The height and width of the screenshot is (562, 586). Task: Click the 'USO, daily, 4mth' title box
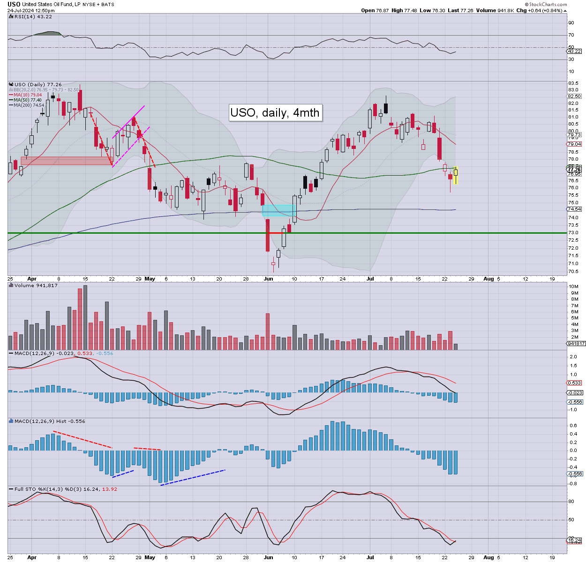pos(275,112)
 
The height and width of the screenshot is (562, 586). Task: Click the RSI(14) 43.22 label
pos(33,16)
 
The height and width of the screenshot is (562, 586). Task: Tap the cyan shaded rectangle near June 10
pos(278,210)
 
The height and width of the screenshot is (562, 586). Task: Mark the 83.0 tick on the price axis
pos(573,89)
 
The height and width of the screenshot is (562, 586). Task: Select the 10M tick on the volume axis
pos(573,286)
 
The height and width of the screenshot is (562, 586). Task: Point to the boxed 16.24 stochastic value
pos(574,540)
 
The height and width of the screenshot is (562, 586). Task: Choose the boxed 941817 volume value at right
pos(576,343)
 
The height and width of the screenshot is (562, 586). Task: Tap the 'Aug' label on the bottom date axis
pos(488,557)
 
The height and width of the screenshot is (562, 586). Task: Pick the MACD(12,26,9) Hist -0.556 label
pos(50,421)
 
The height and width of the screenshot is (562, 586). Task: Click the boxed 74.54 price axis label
pos(574,209)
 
